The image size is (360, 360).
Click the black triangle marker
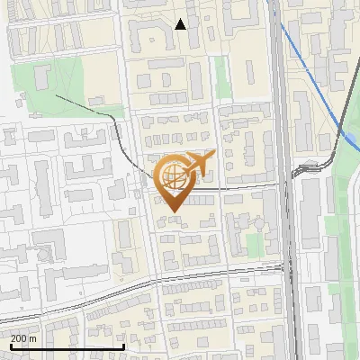point(181,24)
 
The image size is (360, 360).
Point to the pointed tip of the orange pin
point(171,211)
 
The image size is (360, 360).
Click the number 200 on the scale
point(18,338)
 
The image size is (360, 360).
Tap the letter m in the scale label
point(33,338)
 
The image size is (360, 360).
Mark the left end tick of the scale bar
point(11,346)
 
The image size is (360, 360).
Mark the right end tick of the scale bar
point(123,346)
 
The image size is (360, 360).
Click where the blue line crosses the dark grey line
point(342,132)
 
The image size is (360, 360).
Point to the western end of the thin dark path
point(56,94)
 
